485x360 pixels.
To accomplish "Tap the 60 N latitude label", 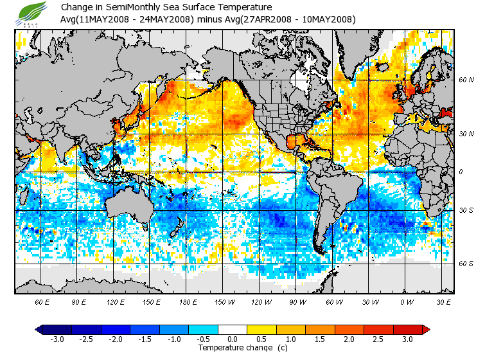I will (466, 80).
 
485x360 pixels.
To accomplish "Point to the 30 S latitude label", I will (466, 210).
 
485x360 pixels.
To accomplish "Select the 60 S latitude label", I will (466, 264).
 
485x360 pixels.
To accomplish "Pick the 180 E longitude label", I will (188, 301).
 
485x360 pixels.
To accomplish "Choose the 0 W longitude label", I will (407, 301).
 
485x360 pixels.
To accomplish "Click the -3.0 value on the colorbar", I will (57, 339).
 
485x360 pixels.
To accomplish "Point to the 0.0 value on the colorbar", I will (233, 339).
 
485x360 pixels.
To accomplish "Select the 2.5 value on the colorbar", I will (378, 339).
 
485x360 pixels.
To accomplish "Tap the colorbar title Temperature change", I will (235, 348).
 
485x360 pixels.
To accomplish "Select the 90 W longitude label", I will (297, 301).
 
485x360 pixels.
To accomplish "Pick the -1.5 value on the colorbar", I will (145, 339).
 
